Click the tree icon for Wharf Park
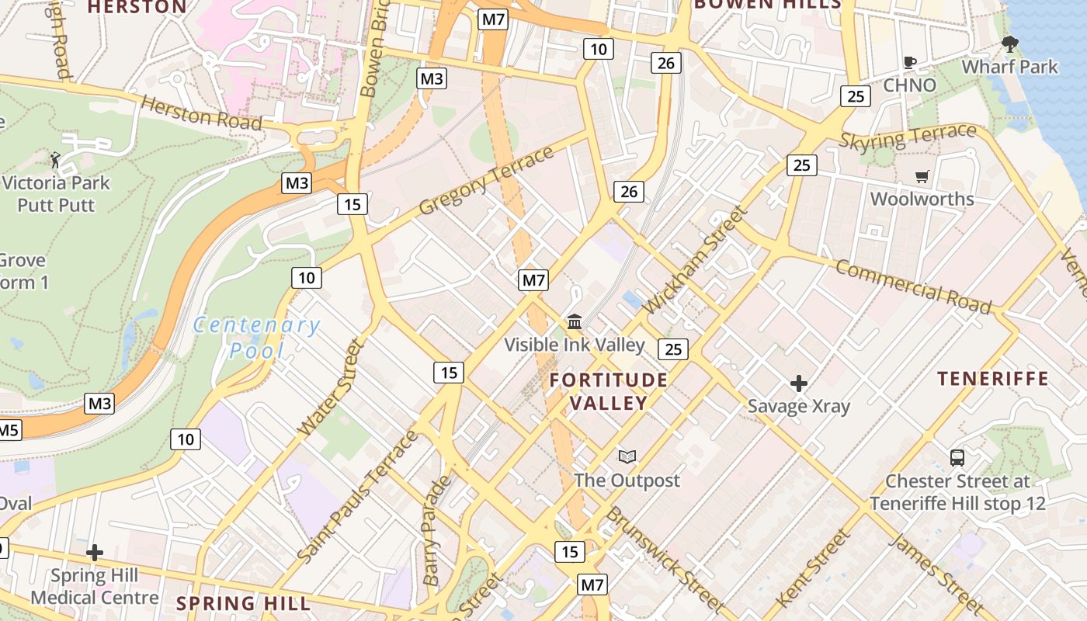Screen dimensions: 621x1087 1009,44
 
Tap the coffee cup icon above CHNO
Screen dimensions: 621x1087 910,62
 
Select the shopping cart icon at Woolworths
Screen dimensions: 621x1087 922,176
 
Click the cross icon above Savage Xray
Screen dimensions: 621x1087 799,383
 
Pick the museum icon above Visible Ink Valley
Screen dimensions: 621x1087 575,321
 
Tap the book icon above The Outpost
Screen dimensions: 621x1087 627,457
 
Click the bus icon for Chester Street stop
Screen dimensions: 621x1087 957,458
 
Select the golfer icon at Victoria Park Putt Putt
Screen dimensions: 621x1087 55,160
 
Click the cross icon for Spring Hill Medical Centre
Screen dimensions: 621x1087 95,553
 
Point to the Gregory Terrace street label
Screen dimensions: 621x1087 486,180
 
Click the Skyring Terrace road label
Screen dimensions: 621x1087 908,137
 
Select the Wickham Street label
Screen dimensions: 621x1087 696,259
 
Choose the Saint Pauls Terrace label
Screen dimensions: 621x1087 358,497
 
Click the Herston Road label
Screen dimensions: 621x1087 200,114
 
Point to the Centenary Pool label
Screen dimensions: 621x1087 256,338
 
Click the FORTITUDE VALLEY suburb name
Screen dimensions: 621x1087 609,391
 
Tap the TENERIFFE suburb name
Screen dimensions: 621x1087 992,379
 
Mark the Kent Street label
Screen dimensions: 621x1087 813,567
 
